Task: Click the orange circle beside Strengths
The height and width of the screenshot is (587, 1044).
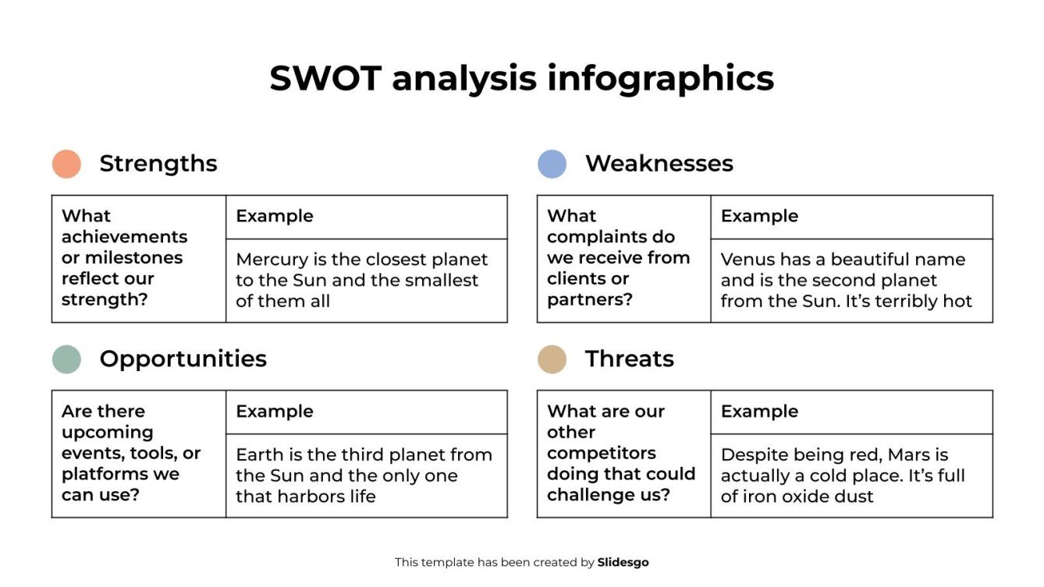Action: (66, 164)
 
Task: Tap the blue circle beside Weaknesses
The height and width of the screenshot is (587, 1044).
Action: (552, 164)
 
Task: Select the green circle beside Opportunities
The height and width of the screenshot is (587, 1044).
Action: (66, 359)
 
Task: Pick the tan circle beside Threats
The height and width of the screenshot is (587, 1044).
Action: (552, 359)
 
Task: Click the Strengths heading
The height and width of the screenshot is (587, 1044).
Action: (158, 164)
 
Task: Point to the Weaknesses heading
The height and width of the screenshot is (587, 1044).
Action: (659, 164)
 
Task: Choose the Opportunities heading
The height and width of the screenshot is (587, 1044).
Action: (183, 359)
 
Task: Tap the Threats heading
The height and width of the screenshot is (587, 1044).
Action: (630, 359)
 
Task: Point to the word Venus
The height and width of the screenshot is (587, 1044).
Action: (746, 260)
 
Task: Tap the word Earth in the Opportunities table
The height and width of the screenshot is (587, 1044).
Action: (260, 454)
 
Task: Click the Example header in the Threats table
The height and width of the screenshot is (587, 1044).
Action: (759, 412)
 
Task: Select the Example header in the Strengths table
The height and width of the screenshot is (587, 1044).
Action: (275, 216)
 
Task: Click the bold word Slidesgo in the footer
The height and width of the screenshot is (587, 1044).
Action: (623, 562)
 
